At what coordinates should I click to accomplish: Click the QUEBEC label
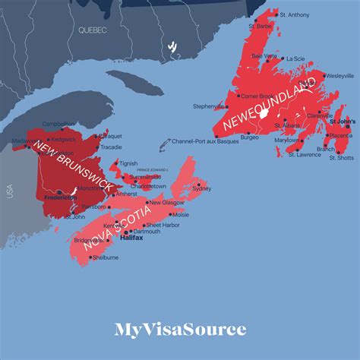(92, 29)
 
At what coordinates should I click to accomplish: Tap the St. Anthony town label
(295, 14)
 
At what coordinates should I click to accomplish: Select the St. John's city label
(342, 121)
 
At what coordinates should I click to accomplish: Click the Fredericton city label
(61, 197)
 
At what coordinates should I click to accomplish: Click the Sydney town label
(202, 188)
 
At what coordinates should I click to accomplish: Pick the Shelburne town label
(105, 257)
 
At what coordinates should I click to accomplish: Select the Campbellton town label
(58, 123)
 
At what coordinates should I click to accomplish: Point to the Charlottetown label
(148, 185)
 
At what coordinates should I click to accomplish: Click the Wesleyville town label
(339, 76)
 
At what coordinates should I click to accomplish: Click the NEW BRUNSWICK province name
(73, 163)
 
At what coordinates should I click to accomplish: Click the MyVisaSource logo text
(180, 330)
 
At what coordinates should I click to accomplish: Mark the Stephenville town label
(210, 106)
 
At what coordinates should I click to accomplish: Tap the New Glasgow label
(166, 202)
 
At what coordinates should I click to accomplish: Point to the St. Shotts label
(341, 157)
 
